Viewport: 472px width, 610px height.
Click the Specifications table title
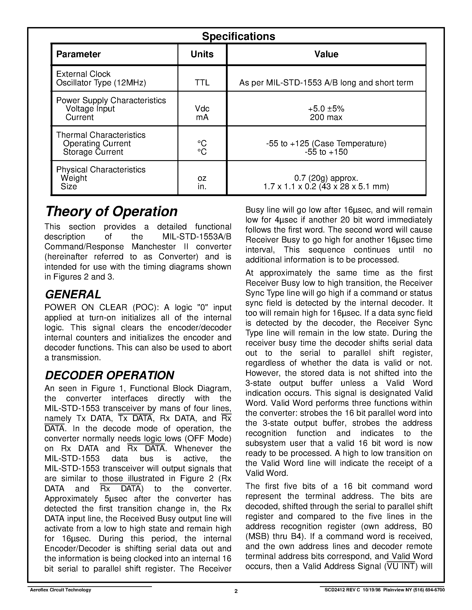[239, 36]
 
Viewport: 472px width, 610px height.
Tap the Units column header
[202, 54]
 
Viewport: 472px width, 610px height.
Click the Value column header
[326, 54]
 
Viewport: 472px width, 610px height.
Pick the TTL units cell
[202, 83]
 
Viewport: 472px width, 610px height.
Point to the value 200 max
[326, 117]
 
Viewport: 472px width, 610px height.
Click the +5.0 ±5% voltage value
[326, 109]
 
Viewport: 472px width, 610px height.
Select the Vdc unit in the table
[202, 109]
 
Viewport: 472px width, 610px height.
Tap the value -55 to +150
[326, 152]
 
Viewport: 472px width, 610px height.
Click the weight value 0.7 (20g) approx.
[326, 178]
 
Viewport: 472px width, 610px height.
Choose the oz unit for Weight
[202, 178]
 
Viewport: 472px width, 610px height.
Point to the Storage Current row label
[93, 152]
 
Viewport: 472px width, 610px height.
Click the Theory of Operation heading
[111, 211]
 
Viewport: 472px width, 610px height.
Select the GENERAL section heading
[73, 294]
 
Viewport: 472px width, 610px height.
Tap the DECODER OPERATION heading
[109, 375]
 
